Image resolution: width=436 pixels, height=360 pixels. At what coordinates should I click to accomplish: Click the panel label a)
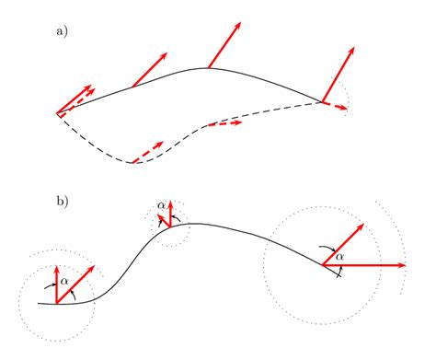pos(62,30)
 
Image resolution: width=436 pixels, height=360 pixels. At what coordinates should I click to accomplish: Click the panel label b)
pos(62,198)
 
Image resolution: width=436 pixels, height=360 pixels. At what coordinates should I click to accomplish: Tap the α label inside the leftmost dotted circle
pos(63,280)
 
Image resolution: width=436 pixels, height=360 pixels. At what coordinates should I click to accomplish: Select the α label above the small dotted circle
pos(161,204)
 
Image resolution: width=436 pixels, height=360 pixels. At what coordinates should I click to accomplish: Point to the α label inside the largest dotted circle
pos(339,255)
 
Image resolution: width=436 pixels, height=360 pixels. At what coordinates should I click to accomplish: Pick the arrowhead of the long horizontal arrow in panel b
pos(404,265)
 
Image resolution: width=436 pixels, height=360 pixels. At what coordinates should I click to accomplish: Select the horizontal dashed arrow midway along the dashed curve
pos(225,122)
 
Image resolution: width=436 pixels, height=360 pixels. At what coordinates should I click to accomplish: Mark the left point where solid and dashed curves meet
pos(57,113)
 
